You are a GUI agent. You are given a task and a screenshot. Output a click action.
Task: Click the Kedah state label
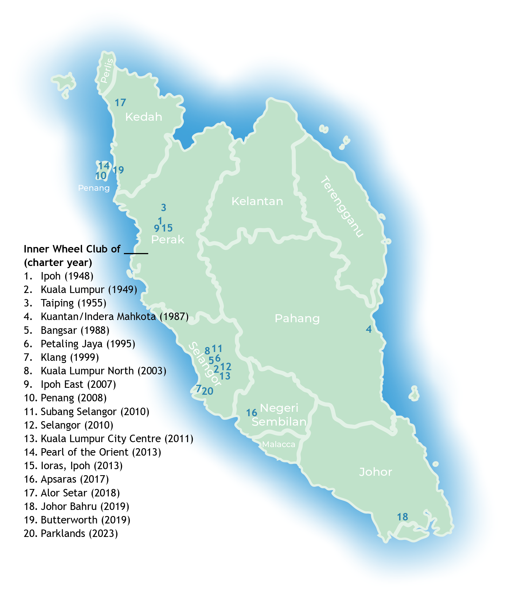(x=143, y=117)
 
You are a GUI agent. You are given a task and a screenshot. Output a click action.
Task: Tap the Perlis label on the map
(x=107, y=71)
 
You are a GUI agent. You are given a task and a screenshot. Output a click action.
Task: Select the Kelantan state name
(x=257, y=201)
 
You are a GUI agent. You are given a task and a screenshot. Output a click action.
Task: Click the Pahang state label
(x=297, y=318)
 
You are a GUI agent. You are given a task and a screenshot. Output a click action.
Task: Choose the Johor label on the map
(x=375, y=472)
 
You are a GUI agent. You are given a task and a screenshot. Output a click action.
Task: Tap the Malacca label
(x=278, y=444)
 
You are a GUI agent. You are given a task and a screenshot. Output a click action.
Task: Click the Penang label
(x=94, y=188)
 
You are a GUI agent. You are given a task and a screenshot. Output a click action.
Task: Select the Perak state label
(x=167, y=240)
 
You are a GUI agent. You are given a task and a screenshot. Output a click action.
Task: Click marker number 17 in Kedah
(x=120, y=103)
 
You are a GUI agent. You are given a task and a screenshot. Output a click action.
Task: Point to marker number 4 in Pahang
(x=368, y=329)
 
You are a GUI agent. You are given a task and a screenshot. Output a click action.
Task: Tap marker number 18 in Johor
(x=402, y=517)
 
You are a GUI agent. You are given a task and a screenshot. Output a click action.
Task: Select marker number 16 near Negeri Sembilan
(x=251, y=413)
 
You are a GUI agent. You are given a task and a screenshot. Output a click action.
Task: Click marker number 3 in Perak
(x=164, y=208)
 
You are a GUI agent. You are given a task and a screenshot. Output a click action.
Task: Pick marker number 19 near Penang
(x=118, y=170)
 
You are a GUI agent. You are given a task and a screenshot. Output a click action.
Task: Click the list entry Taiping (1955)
(x=73, y=303)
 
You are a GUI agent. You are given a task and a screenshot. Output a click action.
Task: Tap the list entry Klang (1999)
(x=70, y=357)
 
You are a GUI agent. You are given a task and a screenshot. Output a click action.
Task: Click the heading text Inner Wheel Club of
(x=72, y=249)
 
